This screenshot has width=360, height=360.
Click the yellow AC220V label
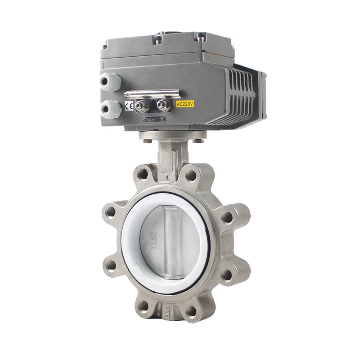coord(184,103)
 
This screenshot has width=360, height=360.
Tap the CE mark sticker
coord(129,106)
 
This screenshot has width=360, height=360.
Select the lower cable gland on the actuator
coord(111,108)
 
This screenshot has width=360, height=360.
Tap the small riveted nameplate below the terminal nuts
coord(154,119)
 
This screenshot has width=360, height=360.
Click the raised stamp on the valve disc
coord(153,234)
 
